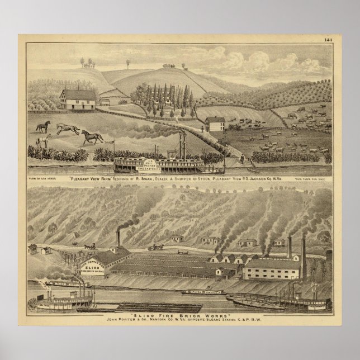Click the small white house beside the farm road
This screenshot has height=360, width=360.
coord(215,124)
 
